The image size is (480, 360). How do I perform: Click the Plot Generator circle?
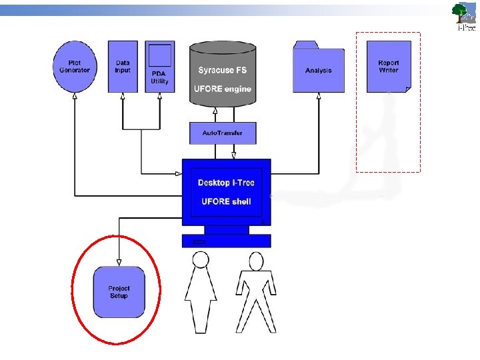75,66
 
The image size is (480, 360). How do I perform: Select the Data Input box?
123,66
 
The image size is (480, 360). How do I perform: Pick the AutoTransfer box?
223,133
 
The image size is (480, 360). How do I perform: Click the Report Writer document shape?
389,67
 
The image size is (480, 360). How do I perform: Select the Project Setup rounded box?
119,292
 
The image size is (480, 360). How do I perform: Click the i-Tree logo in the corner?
465,16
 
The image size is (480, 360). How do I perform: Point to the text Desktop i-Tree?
226,183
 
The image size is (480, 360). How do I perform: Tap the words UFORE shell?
226,201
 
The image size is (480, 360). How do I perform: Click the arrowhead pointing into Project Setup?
119,262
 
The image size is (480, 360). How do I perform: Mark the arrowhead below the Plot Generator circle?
75,96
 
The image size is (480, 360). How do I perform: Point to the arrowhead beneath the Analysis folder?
318,95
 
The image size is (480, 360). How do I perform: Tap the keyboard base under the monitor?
227,241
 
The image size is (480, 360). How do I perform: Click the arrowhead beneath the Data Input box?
123,96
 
